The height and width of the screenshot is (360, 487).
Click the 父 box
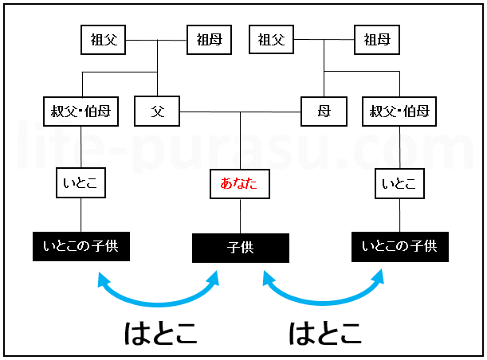pos(157,112)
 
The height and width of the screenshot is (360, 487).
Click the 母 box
pos(324,112)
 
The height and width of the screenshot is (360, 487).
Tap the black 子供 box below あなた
pos(240,248)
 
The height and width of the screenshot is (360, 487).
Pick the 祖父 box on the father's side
pos(104,39)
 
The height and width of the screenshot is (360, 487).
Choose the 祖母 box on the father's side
pos(210,40)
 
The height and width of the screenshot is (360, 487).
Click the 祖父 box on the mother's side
pos(272,39)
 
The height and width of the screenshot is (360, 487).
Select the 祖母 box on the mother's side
pos(377,39)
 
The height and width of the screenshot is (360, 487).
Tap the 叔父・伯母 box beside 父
pos(81,112)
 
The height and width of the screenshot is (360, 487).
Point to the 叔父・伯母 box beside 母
pos(399,112)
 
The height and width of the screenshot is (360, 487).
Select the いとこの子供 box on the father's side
pos(81,246)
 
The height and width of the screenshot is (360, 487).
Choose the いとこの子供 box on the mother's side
pos(399,246)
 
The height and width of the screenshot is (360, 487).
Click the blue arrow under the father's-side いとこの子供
pos(158,301)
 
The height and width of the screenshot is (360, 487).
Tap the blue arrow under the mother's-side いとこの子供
pos(323,301)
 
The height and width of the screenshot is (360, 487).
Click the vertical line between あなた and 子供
pos(240,215)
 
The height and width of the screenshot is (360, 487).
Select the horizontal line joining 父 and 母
pos(240,112)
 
